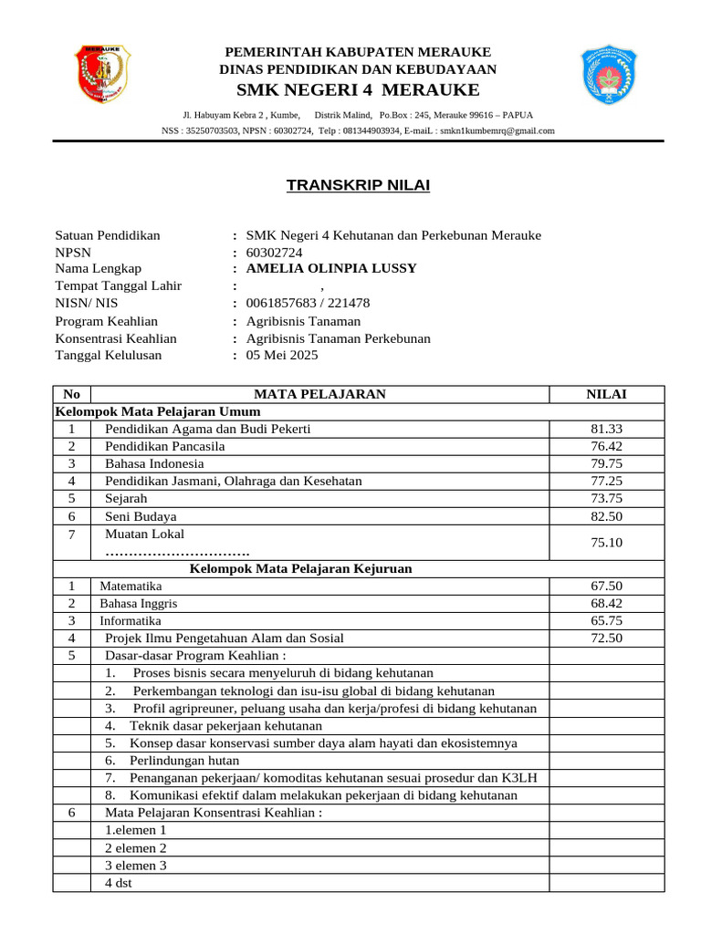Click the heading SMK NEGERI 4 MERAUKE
(x=358, y=89)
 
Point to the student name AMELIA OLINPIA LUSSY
(x=331, y=268)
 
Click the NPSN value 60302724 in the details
(x=275, y=252)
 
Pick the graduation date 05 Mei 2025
(x=282, y=356)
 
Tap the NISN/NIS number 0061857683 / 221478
(x=308, y=303)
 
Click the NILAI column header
(x=606, y=394)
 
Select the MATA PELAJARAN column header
(x=319, y=394)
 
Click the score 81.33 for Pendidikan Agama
(x=606, y=429)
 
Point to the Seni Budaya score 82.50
(x=606, y=516)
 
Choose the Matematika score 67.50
(x=606, y=586)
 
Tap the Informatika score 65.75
(x=606, y=620)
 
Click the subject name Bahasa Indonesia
(x=154, y=463)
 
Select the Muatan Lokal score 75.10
(x=606, y=543)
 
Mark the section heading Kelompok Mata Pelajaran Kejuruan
(x=300, y=568)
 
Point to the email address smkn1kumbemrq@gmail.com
(x=497, y=130)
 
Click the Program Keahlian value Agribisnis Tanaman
(x=303, y=321)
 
